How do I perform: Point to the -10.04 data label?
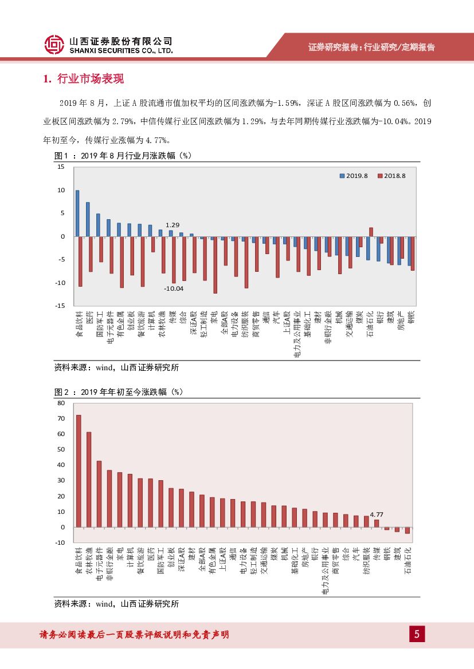tap(173, 288)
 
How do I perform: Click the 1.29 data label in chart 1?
tap(173, 225)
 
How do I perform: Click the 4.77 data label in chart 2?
tap(377, 514)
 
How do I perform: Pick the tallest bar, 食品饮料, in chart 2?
tap(79, 471)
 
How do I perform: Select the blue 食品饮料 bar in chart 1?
tap(77, 213)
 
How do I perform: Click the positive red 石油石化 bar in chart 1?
tap(371, 232)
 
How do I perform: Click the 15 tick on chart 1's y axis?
tap(61, 167)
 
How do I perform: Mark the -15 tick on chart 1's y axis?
tap(60, 306)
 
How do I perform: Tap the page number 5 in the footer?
tap(417, 635)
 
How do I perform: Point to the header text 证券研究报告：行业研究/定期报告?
tap(371, 47)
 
